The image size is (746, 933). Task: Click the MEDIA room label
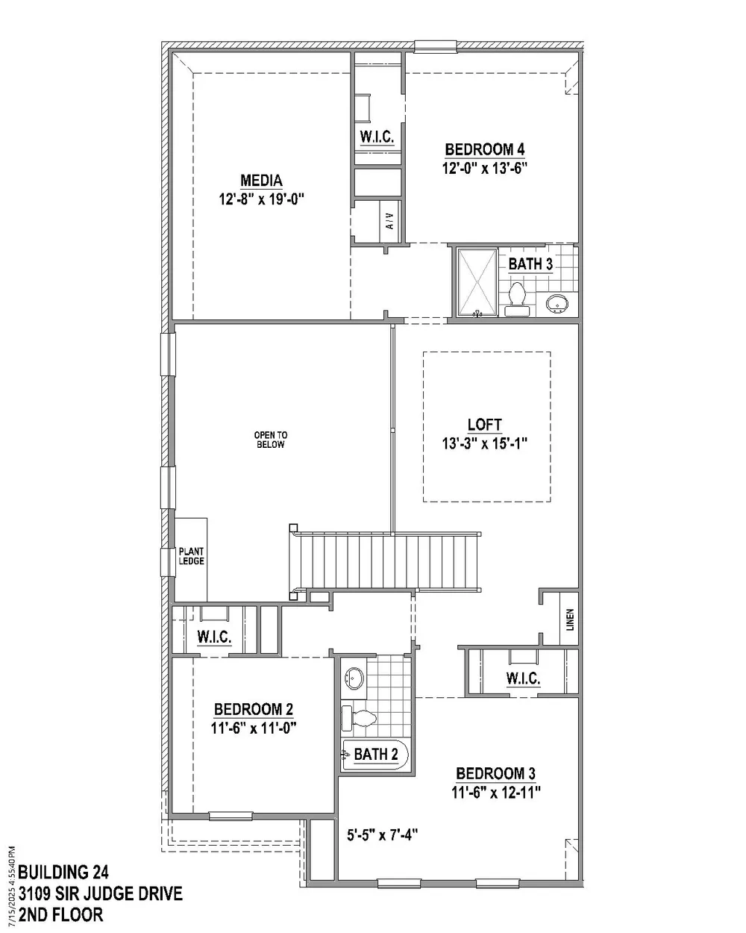[261, 181]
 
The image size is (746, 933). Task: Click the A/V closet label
[389, 221]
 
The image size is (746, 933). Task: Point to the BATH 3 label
[530, 264]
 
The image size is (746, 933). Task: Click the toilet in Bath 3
[516, 297]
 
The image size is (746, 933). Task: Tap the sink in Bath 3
[557, 303]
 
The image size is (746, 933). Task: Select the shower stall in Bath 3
[476, 282]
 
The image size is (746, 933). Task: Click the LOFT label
[484, 425]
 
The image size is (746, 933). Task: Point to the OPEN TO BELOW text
[270, 440]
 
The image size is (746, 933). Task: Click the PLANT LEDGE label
[191, 557]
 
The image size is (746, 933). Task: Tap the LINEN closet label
[570, 619]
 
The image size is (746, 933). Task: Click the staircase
[388, 560]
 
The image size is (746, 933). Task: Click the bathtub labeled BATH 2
[375, 755]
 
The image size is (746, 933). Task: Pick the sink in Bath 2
[354, 679]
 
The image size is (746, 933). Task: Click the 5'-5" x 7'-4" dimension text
[382, 834]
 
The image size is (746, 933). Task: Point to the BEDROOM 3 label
[495, 773]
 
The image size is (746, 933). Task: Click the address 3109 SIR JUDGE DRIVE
[100, 893]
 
